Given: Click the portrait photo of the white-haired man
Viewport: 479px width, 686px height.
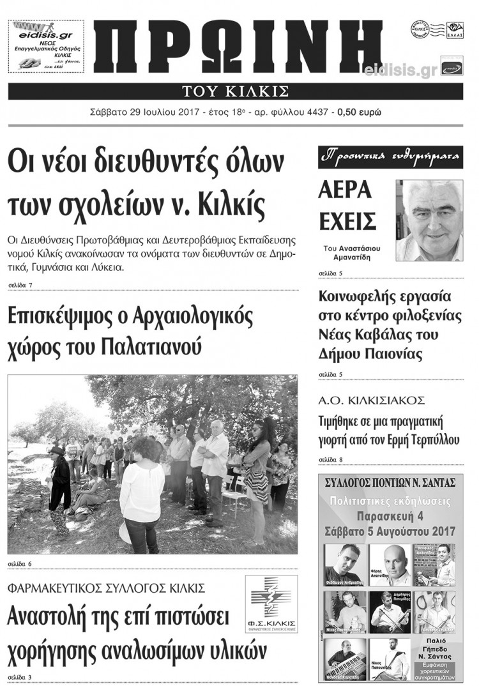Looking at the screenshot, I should pos(429,220).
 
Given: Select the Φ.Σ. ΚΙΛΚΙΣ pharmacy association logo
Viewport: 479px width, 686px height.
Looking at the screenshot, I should pos(271,604).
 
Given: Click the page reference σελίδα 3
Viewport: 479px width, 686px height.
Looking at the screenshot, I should pos(20,676).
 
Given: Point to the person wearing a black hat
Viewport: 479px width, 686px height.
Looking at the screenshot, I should pos(59,485).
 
